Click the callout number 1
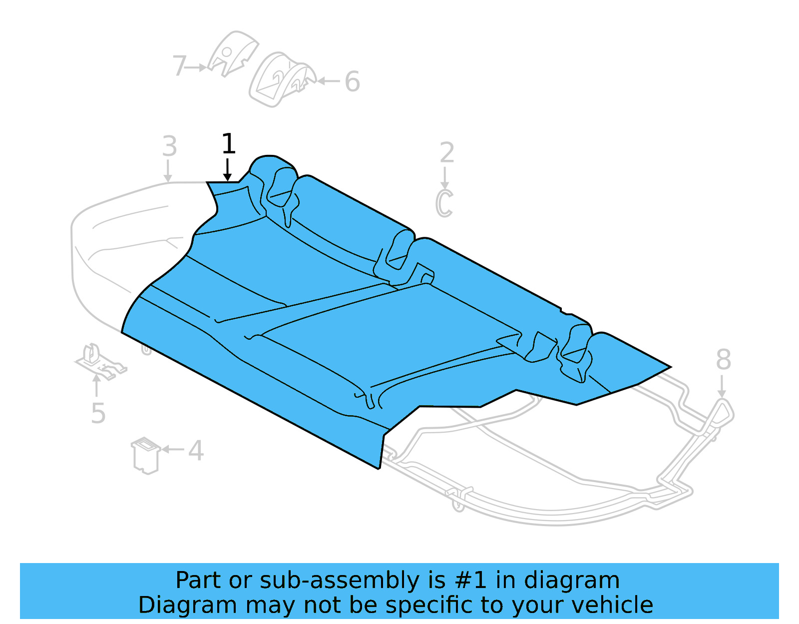click(228, 144)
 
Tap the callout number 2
click(447, 153)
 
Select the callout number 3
click(169, 146)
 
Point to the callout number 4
click(196, 451)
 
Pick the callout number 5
click(98, 414)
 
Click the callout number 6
click(352, 82)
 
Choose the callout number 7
click(179, 66)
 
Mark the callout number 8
click(723, 360)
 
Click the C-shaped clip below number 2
click(444, 203)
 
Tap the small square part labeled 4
click(145, 455)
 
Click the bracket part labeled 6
click(281, 80)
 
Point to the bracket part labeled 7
click(232, 53)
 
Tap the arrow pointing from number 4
click(173, 450)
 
